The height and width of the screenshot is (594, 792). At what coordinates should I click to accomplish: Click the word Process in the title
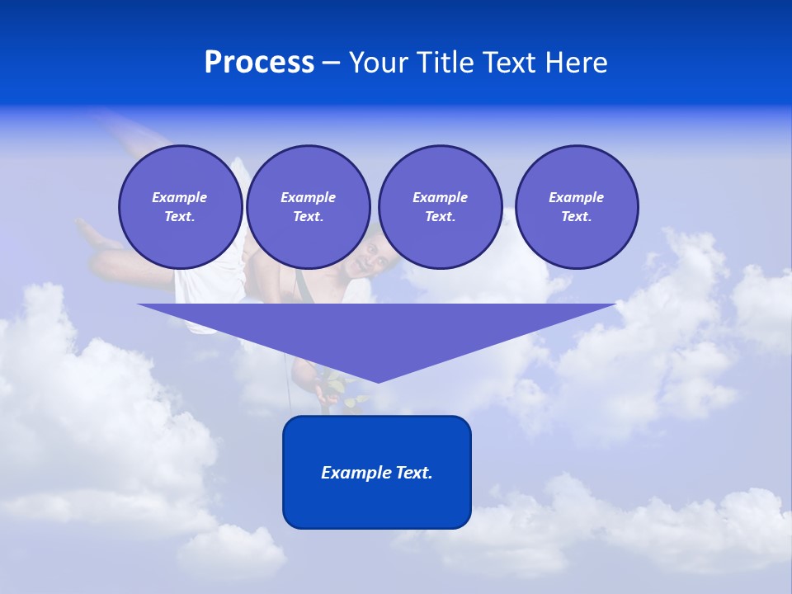[x=259, y=63]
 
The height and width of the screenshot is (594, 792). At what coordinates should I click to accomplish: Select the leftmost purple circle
[x=180, y=207]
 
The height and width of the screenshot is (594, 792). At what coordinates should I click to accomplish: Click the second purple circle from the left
[x=308, y=207]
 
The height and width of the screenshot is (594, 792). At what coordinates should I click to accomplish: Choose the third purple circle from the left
[x=440, y=207]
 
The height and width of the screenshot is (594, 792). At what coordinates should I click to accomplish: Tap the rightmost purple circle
[x=576, y=207]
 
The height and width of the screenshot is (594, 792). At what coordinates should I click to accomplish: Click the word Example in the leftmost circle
[x=180, y=197]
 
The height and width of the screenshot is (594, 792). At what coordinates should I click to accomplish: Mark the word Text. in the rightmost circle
[x=576, y=217]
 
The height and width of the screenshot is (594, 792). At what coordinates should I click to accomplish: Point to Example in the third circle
[x=440, y=197]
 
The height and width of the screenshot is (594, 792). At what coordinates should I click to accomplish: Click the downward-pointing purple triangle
[x=377, y=330]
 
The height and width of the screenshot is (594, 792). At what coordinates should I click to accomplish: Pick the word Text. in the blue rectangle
[x=414, y=473]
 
